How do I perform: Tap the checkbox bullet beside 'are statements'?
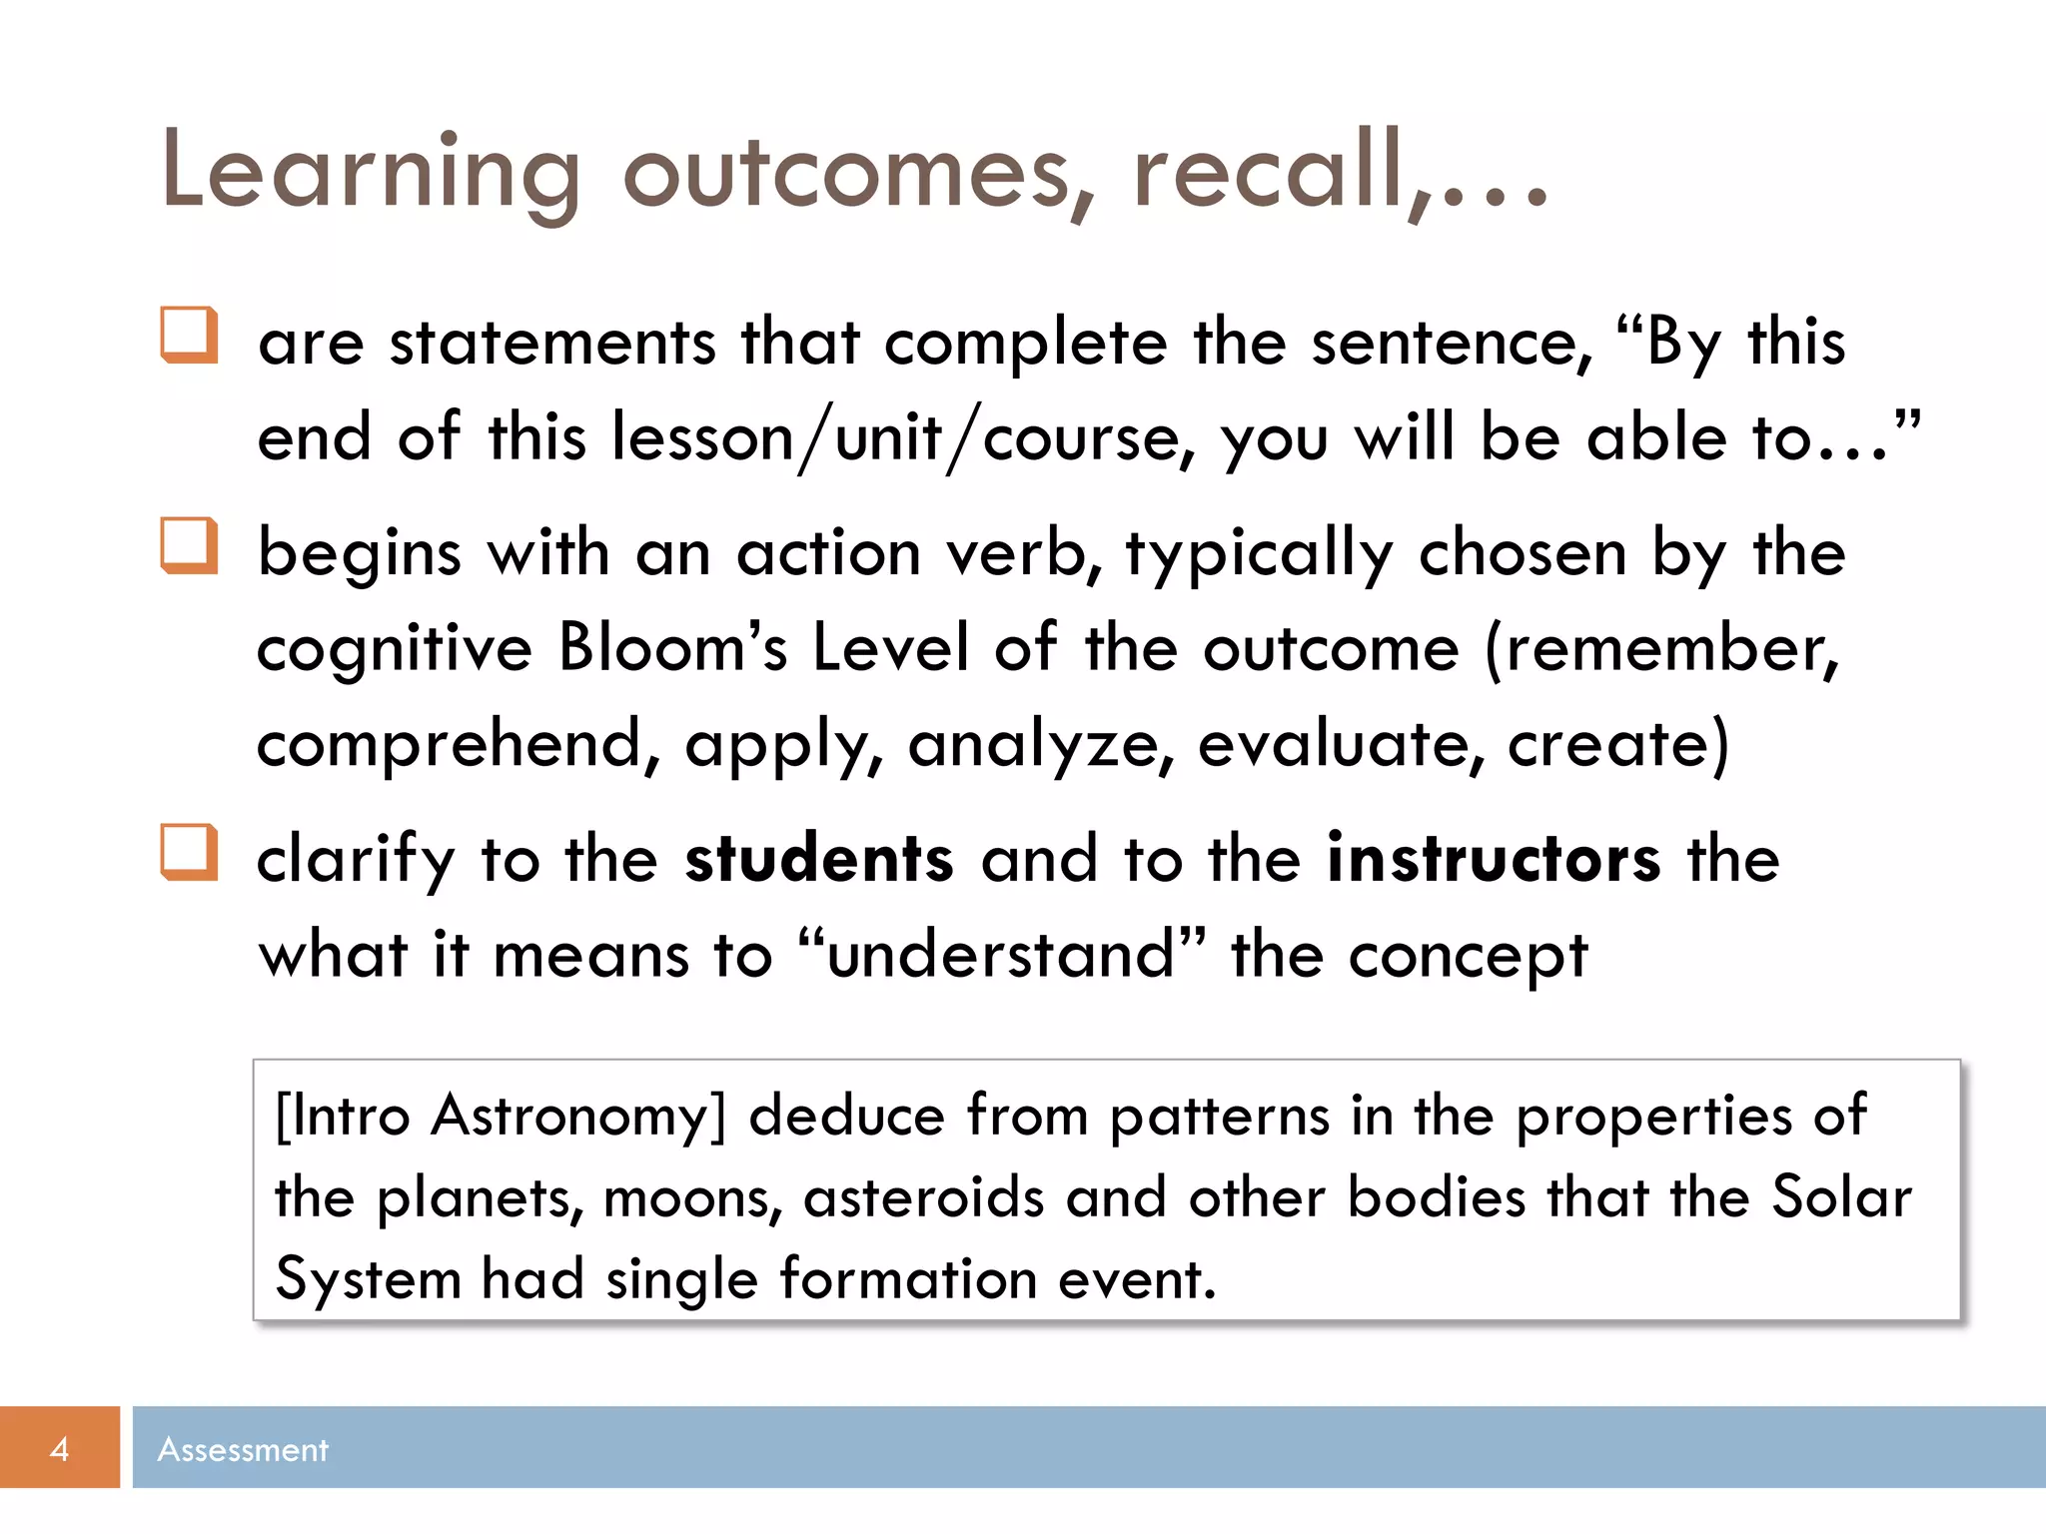click(189, 336)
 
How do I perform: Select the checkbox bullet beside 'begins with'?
click(189, 546)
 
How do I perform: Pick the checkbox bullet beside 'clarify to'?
click(189, 853)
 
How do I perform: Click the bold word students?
click(819, 859)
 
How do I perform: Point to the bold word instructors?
click(1494, 859)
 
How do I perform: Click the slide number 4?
click(59, 1449)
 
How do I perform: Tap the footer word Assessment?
click(243, 1449)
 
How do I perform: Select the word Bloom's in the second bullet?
click(672, 647)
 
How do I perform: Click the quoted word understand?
click(1000, 955)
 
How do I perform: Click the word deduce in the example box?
click(846, 1116)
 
